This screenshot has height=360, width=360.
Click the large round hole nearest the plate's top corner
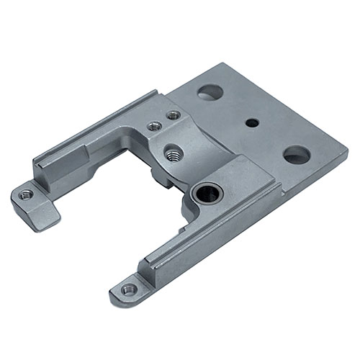coord(210,92)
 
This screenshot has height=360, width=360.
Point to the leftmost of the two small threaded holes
coord(153,125)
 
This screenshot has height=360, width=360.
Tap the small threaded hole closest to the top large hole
coord(173,114)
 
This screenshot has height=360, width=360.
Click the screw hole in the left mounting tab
coord(26,194)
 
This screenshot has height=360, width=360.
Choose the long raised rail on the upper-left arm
coord(94,137)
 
